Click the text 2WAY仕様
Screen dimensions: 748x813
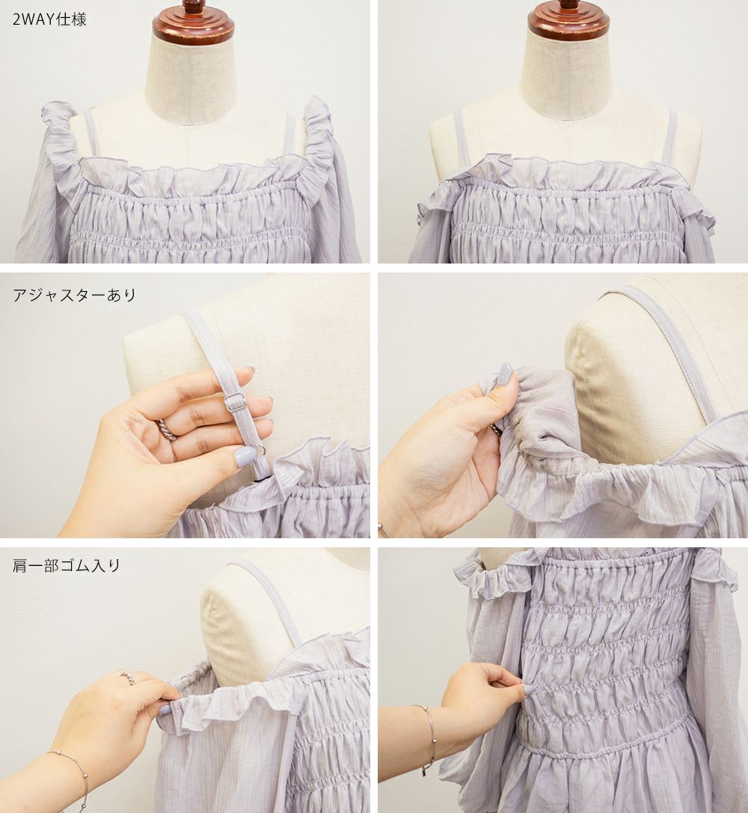click(x=49, y=19)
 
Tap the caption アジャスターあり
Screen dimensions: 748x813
click(x=74, y=295)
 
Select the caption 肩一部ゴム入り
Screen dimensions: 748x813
click(x=67, y=565)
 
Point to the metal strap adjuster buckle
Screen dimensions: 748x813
click(x=235, y=401)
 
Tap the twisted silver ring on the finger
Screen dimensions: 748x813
click(x=168, y=430)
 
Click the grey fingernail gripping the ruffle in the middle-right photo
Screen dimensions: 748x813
click(x=505, y=374)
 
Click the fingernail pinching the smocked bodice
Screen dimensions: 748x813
click(x=529, y=690)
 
